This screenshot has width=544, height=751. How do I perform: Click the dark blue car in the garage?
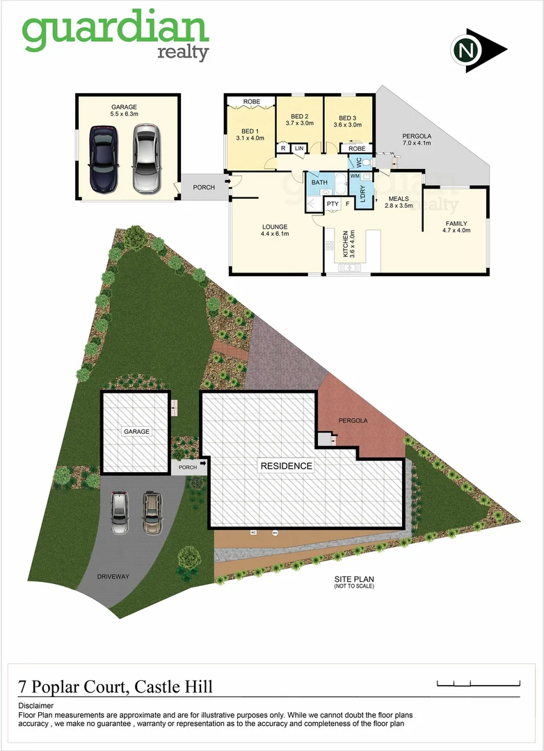(x=104, y=159)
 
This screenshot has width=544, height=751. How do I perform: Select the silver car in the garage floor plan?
(x=145, y=159)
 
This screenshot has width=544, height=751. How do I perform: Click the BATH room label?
(x=319, y=183)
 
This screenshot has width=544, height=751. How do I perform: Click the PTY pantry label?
(x=333, y=204)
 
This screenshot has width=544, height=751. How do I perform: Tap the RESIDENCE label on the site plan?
(x=286, y=466)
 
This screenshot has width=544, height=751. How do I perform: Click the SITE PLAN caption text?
(x=354, y=579)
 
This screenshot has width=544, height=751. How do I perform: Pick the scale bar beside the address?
(x=479, y=683)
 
